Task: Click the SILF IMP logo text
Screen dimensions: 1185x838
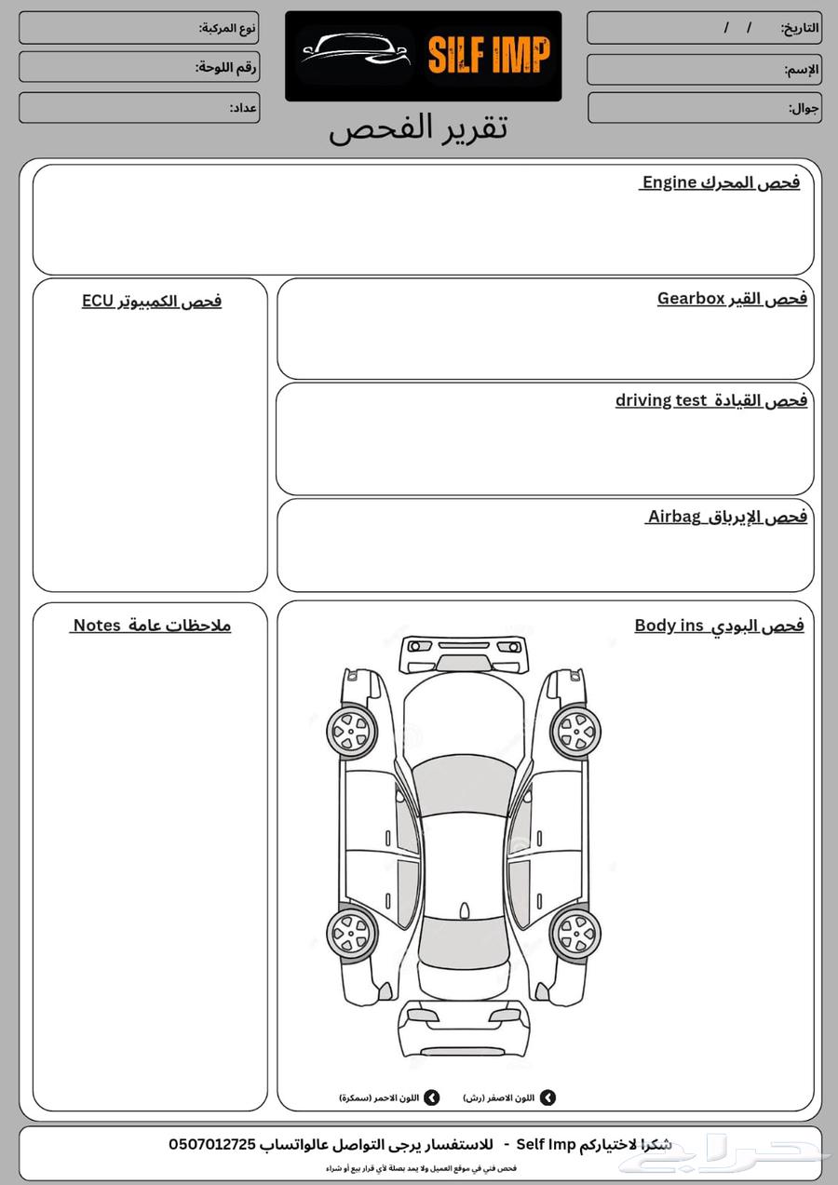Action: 489,56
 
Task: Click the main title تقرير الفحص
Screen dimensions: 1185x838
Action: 418,128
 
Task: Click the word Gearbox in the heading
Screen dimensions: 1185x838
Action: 691,299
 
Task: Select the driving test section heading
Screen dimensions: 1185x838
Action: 710,400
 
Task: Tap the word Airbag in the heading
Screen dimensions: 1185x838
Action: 674,517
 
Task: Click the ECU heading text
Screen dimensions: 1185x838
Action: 98,301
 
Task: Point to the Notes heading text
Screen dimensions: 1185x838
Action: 97,626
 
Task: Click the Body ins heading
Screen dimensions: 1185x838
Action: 719,626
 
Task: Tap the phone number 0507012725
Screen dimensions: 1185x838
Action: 212,1144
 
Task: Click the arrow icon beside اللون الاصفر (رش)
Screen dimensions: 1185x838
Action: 547,1097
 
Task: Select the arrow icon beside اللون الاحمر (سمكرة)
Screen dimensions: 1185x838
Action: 431,1097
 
